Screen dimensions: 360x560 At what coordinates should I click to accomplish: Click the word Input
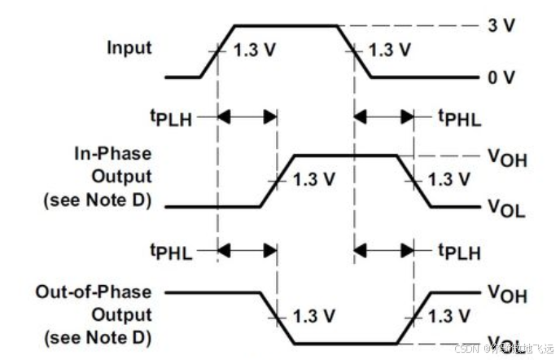tap(129, 47)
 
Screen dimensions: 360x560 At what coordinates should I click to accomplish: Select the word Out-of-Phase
tap(94, 291)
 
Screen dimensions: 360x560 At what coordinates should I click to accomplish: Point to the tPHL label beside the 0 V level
tap(461, 119)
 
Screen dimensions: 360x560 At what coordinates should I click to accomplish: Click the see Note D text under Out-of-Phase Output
tap(96, 335)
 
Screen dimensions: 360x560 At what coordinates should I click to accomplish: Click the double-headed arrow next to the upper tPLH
tap(247, 117)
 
